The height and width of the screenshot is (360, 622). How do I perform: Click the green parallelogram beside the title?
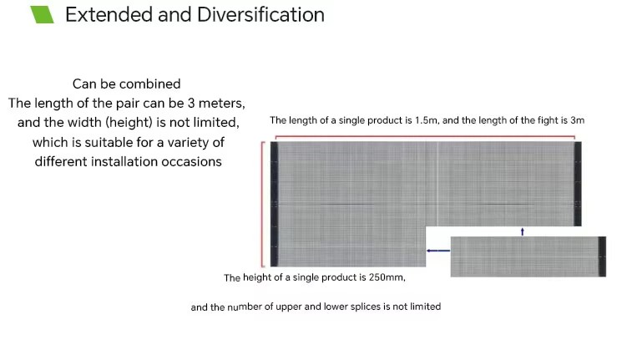point(42,15)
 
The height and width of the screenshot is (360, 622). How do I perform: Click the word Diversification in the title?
point(260,15)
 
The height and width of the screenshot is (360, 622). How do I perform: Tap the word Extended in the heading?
point(109,15)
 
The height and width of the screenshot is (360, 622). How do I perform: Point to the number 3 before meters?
point(191,104)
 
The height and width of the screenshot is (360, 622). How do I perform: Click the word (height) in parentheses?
point(129,122)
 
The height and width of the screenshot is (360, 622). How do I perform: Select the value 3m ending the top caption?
point(578,120)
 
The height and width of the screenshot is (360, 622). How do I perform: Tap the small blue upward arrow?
point(523,231)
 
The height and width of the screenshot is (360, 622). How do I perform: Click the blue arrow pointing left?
point(438,251)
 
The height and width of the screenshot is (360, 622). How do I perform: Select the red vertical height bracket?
point(262,204)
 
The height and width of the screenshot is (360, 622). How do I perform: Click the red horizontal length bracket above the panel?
point(425,137)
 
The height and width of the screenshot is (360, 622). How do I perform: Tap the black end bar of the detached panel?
point(602,256)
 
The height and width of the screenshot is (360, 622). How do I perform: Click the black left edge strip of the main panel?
point(274,204)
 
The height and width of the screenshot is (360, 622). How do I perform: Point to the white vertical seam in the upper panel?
point(438,184)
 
